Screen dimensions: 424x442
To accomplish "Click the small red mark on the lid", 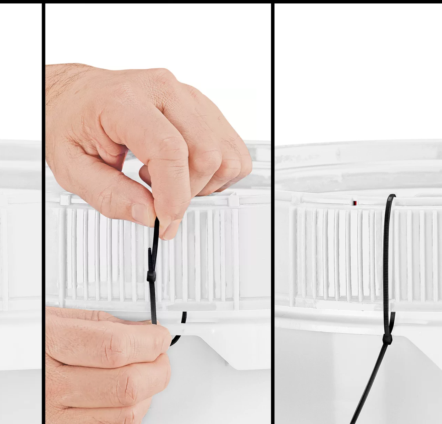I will click(354, 203).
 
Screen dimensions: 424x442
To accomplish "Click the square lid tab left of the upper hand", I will click(65, 200).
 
